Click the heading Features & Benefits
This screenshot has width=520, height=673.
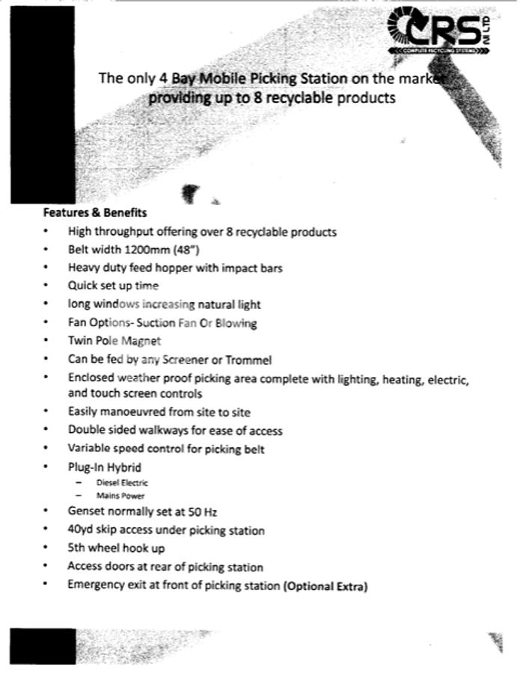coord(94,212)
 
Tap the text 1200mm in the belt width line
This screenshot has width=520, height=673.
coord(153,249)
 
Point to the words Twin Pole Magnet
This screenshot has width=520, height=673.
coord(114,341)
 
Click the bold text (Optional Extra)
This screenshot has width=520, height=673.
coord(325,586)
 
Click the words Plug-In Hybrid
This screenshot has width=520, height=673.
coord(104,467)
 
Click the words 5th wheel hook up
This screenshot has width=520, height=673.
coord(116,548)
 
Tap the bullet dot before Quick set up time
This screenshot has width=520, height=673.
coord(46,286)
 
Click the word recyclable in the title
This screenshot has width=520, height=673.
coord(299,98)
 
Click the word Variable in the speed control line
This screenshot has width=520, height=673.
coord(89,449)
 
